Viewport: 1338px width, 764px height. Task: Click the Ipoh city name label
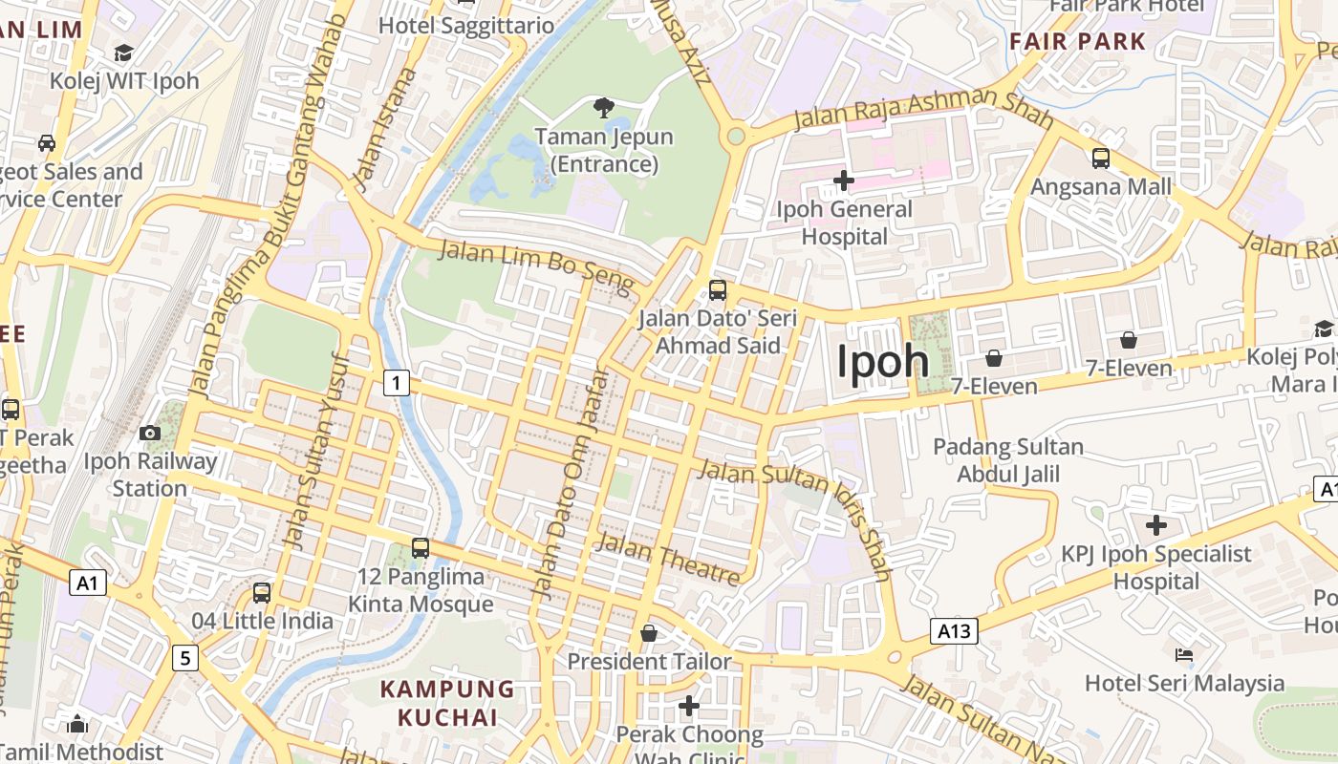coord(882,362)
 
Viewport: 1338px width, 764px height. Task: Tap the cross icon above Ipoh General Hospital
coord(843,180)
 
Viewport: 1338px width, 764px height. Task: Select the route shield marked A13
coord(954,630)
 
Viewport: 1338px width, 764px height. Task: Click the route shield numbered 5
coord(185,657)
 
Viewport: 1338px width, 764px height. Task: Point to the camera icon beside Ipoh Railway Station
coord(150,434)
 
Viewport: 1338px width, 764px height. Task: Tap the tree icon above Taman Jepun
coord(603,107)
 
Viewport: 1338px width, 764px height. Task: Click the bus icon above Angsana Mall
coord(1100,158)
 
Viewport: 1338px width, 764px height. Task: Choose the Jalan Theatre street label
coord(668,560)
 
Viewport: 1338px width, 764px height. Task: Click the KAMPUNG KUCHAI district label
coord(447,703)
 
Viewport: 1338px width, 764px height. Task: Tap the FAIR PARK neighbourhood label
coord(1077,41)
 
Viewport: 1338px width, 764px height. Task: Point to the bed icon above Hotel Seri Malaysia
coord(1183,655)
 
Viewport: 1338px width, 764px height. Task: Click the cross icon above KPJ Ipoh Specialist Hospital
coord(1156,524)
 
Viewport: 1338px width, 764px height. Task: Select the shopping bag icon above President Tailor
coord(649,633)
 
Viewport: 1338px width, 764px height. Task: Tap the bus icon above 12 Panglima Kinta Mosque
coord(421,548)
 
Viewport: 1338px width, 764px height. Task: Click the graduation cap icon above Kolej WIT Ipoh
coord(123,53)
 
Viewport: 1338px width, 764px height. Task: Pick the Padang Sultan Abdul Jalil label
coord(1008,460)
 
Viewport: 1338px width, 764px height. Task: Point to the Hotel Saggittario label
coord(466,25)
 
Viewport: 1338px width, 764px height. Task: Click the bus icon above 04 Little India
coord(262,593)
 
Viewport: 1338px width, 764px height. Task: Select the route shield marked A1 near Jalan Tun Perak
coord(87,583)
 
